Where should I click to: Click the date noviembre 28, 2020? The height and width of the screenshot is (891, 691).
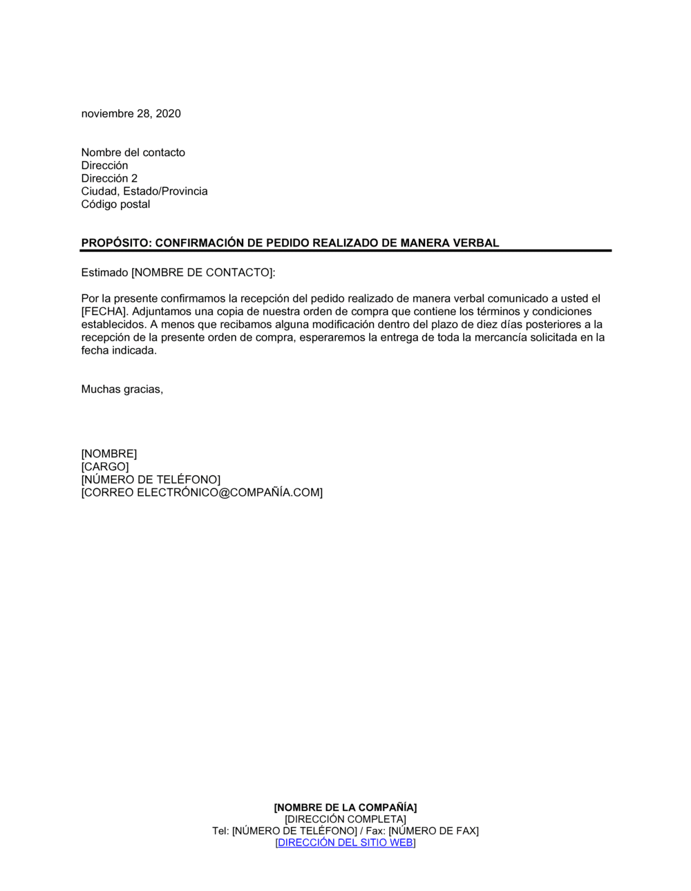click(131, 114)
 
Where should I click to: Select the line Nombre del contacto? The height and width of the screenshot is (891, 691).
click(133, 153)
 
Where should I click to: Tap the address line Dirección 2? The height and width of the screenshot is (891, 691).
click(109, 178)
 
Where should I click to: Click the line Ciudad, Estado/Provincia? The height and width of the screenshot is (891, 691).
click(144, 191)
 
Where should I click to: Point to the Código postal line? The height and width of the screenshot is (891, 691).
click(115, 204)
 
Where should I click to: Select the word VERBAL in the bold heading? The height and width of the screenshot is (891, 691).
click(475, 243)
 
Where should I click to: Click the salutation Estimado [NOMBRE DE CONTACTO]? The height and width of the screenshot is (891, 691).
click(178, 273)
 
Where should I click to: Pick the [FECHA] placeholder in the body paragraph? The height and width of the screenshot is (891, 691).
click(104, 312)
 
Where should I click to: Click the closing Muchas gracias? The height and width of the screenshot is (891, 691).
click(122, 390)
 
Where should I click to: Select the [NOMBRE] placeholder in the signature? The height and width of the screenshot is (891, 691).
click(109, 454)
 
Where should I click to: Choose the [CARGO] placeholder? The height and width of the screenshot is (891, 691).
click(105, 467)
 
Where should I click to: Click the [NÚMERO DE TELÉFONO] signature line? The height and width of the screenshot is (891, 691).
click(151, 480)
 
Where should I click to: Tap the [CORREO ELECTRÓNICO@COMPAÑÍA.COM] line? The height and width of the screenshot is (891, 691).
click(202, 493)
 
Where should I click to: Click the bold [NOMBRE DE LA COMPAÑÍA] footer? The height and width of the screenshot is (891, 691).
click(345, 807)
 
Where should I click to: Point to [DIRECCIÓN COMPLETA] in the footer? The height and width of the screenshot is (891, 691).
click(345, 819)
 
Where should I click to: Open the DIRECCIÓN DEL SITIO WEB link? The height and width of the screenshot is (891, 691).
click(345, 843)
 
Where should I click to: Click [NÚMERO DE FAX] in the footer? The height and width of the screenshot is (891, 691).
click(433, 831)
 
